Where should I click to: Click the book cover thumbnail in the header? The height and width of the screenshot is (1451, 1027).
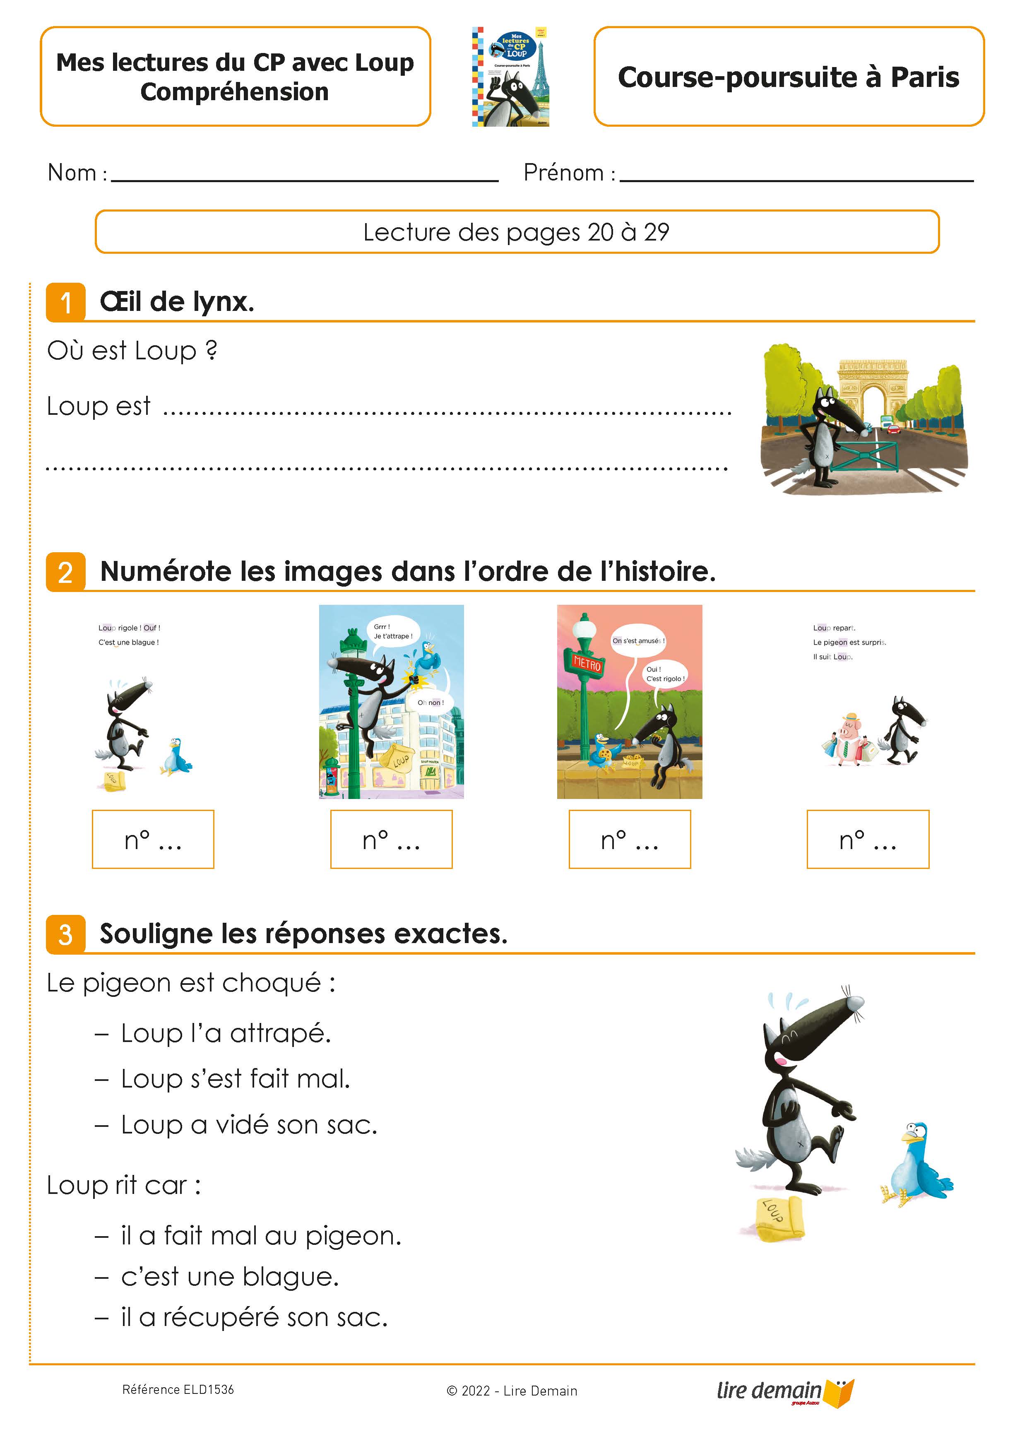[510, 77]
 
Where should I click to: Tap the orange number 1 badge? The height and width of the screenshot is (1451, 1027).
[65, 302]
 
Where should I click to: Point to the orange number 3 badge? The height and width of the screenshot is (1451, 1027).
[65, 935]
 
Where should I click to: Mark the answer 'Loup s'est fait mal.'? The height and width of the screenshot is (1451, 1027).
[235, 1079]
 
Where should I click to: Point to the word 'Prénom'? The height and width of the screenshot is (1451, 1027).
[563, 173]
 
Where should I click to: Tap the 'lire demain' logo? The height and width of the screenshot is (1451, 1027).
[784, 1391]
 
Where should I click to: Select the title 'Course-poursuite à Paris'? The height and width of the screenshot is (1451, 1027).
[788, 77]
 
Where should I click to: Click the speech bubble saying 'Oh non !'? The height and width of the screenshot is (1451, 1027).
[431, 702]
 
